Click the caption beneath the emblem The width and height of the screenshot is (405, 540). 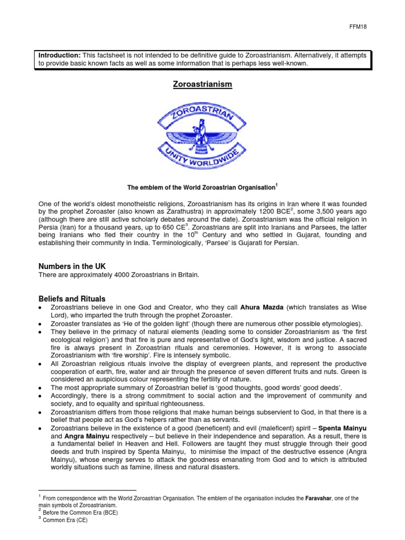[x=202, y=187]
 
